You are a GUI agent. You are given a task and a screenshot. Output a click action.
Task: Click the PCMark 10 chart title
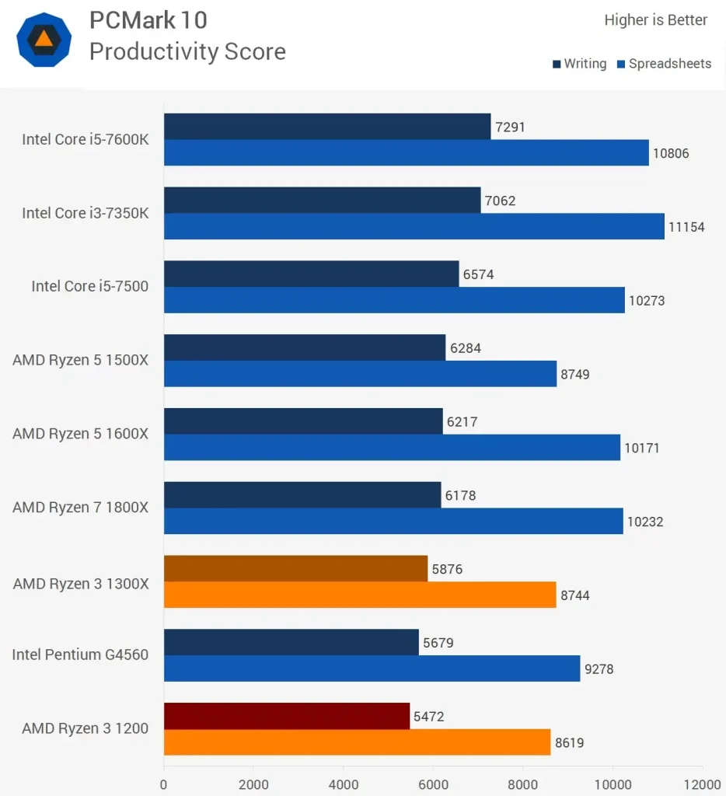click(148, 19)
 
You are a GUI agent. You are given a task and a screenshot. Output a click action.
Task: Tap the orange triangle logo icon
click(44, 39)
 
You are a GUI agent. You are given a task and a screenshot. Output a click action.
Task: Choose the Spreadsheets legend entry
click(664, 64)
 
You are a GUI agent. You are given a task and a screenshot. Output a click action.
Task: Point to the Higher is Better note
click(655, 20)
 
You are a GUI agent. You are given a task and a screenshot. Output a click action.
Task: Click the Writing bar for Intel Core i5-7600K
click(327, 127)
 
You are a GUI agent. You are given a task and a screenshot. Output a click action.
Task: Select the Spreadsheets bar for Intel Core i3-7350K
click(414, 226)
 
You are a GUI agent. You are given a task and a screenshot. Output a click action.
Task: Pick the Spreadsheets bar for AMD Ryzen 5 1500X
click(360, 374)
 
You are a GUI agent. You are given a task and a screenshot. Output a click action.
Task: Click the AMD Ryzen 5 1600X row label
click(80, 434)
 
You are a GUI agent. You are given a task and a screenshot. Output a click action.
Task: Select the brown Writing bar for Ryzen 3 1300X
click(295, 569)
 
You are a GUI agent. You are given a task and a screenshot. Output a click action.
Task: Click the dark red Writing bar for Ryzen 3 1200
click(287, 716)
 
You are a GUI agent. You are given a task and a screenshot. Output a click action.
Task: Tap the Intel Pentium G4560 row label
click(80, 655)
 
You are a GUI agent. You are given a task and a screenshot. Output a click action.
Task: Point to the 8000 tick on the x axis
click(523, 784)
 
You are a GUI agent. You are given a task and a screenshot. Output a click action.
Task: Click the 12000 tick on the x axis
click(702, 784)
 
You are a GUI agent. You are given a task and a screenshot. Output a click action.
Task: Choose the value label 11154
click(686, 227)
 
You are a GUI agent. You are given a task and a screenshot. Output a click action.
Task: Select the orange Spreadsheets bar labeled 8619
click(358, 742)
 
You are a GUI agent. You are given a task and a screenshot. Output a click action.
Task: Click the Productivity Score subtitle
click(187, 51)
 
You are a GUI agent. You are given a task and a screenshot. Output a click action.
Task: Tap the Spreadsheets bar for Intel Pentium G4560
click(372, 669)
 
